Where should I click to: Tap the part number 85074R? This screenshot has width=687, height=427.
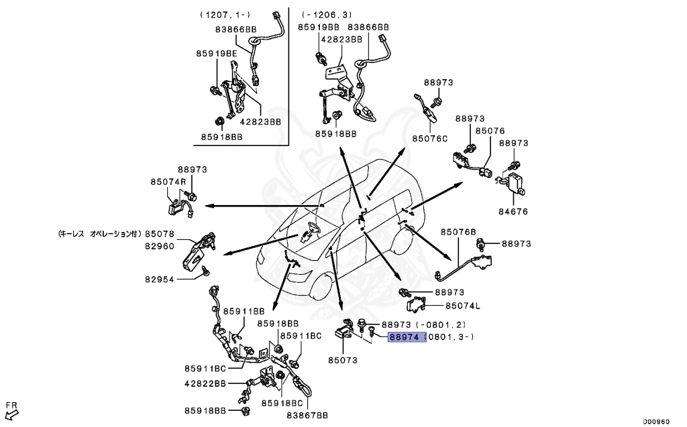[x=168, y=181]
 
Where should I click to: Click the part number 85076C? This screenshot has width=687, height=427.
[x=429, y=139]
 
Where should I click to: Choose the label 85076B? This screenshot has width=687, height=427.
[x=458, y=232]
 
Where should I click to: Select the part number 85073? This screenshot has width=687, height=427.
[x=342, y=361]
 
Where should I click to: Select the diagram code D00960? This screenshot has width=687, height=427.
[x=655, y=422]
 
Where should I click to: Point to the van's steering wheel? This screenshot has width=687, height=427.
[x=309, y=233]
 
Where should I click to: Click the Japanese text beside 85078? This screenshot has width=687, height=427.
[x=97, y=234]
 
